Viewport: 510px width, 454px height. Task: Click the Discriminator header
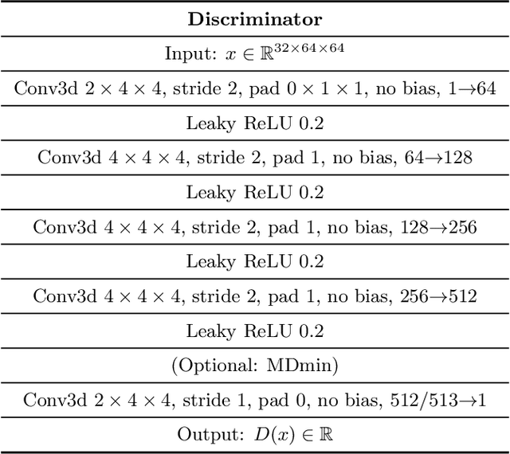point(255,18)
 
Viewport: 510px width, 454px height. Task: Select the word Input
point(188,53)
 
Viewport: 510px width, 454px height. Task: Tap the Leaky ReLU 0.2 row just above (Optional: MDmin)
point(255,331)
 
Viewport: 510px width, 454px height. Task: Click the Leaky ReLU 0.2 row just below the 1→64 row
point(255,123)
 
